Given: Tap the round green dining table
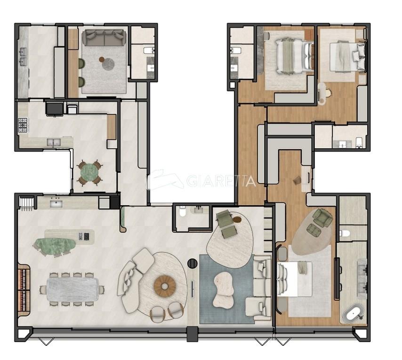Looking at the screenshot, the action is click(x=89, y=172).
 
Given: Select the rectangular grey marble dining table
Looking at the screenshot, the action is click(x=72, y=289).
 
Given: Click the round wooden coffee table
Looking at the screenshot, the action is click(x=165, y=286).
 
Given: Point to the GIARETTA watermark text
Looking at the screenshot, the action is click(x=221, y=181).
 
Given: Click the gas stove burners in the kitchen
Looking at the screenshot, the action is click(x=23, y=125).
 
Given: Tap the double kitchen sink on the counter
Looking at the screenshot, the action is click(x=54, y=142).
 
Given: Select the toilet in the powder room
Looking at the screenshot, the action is click(x=183, y=212).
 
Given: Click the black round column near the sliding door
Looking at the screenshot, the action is click(x=192, y=263).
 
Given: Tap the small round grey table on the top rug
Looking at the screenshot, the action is click(x=108, y=64).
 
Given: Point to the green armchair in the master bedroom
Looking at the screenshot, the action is click(x=322, y=217).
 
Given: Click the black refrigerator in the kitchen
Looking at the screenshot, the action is click(x=54, y=108).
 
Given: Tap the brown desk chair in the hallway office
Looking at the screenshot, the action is click(x=297, y=180).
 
